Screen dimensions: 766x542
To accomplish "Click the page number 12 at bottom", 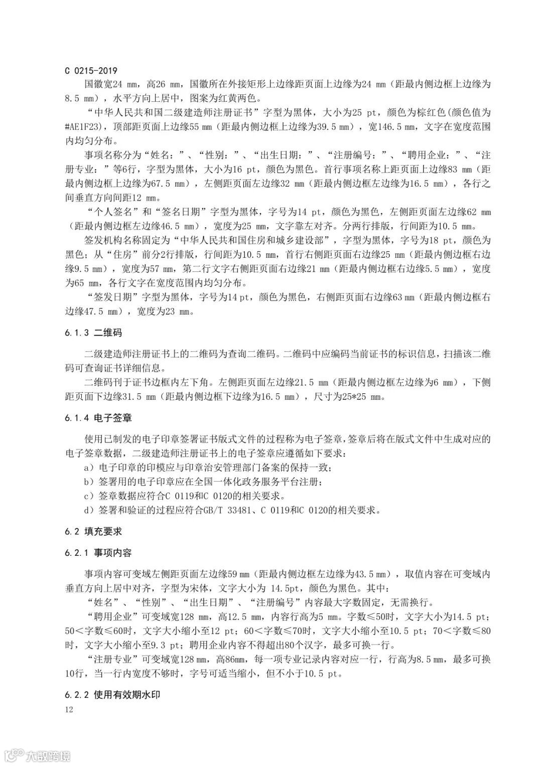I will click(69, 709).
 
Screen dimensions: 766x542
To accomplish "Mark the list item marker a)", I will click(90, 468).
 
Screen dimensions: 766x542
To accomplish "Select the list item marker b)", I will click(90, 482).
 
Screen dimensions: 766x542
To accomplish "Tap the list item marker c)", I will click(90, 496).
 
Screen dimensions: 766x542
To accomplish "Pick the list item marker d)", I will click(90, 511).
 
